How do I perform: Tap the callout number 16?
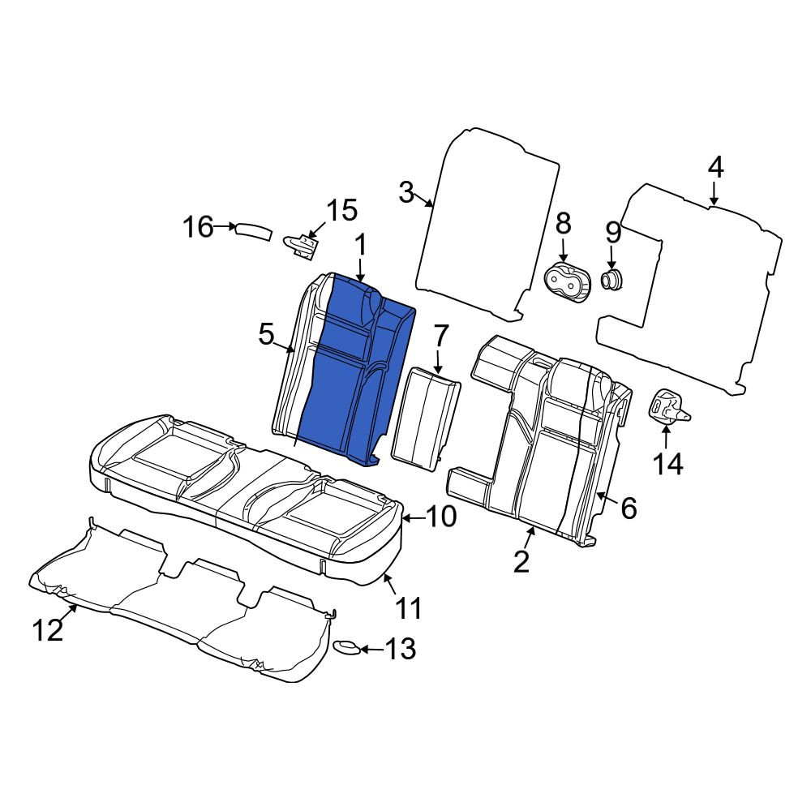[x=198, y=227]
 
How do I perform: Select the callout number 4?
[x=715, y=168]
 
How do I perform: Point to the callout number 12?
[x=48, y=630]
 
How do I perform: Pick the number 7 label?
[x=440, y=337]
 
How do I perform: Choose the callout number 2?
[x=521, y=561]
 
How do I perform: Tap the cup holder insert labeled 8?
[x=566, y=283]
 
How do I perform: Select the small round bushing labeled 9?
[x=611, y=279]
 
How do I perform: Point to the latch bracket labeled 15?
[x=301, y=244]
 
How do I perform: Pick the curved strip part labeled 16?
[x=253, y=231]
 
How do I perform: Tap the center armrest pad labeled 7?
[x=425, y=419]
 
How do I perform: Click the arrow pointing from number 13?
[x=371, y=650]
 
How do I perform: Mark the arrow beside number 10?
[x=414, y=517]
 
